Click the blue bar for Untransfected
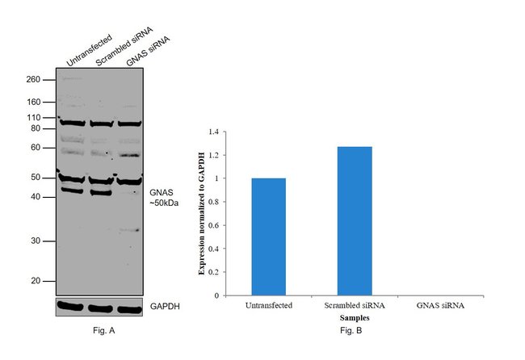pyautogui.click(x=268, y=237)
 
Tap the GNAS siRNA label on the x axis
pyautogui.click(x=441, y=306)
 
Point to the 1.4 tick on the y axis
pyautogui.click(x=212, y=132)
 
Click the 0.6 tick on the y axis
pyautogui.click(x=212, y=225)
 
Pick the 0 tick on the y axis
pyautogui.click(x=216, y=295)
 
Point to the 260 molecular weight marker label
pyautogui.click(x=34, y=79)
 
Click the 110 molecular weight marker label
pyautogui.click(x=34, y=118)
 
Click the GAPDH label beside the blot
pyautogui.click(x=166, y=308)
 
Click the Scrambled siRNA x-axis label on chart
pyautogui.click(x=355, y=306)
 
